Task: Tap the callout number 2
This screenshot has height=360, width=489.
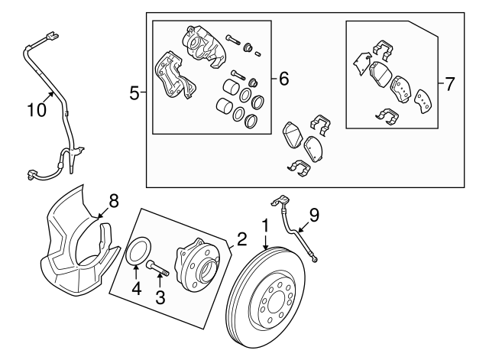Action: (x=241, y=240)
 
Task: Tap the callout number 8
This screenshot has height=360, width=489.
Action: (x=113, y=201)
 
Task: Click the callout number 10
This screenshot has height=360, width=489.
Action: (x=37, y=109)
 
